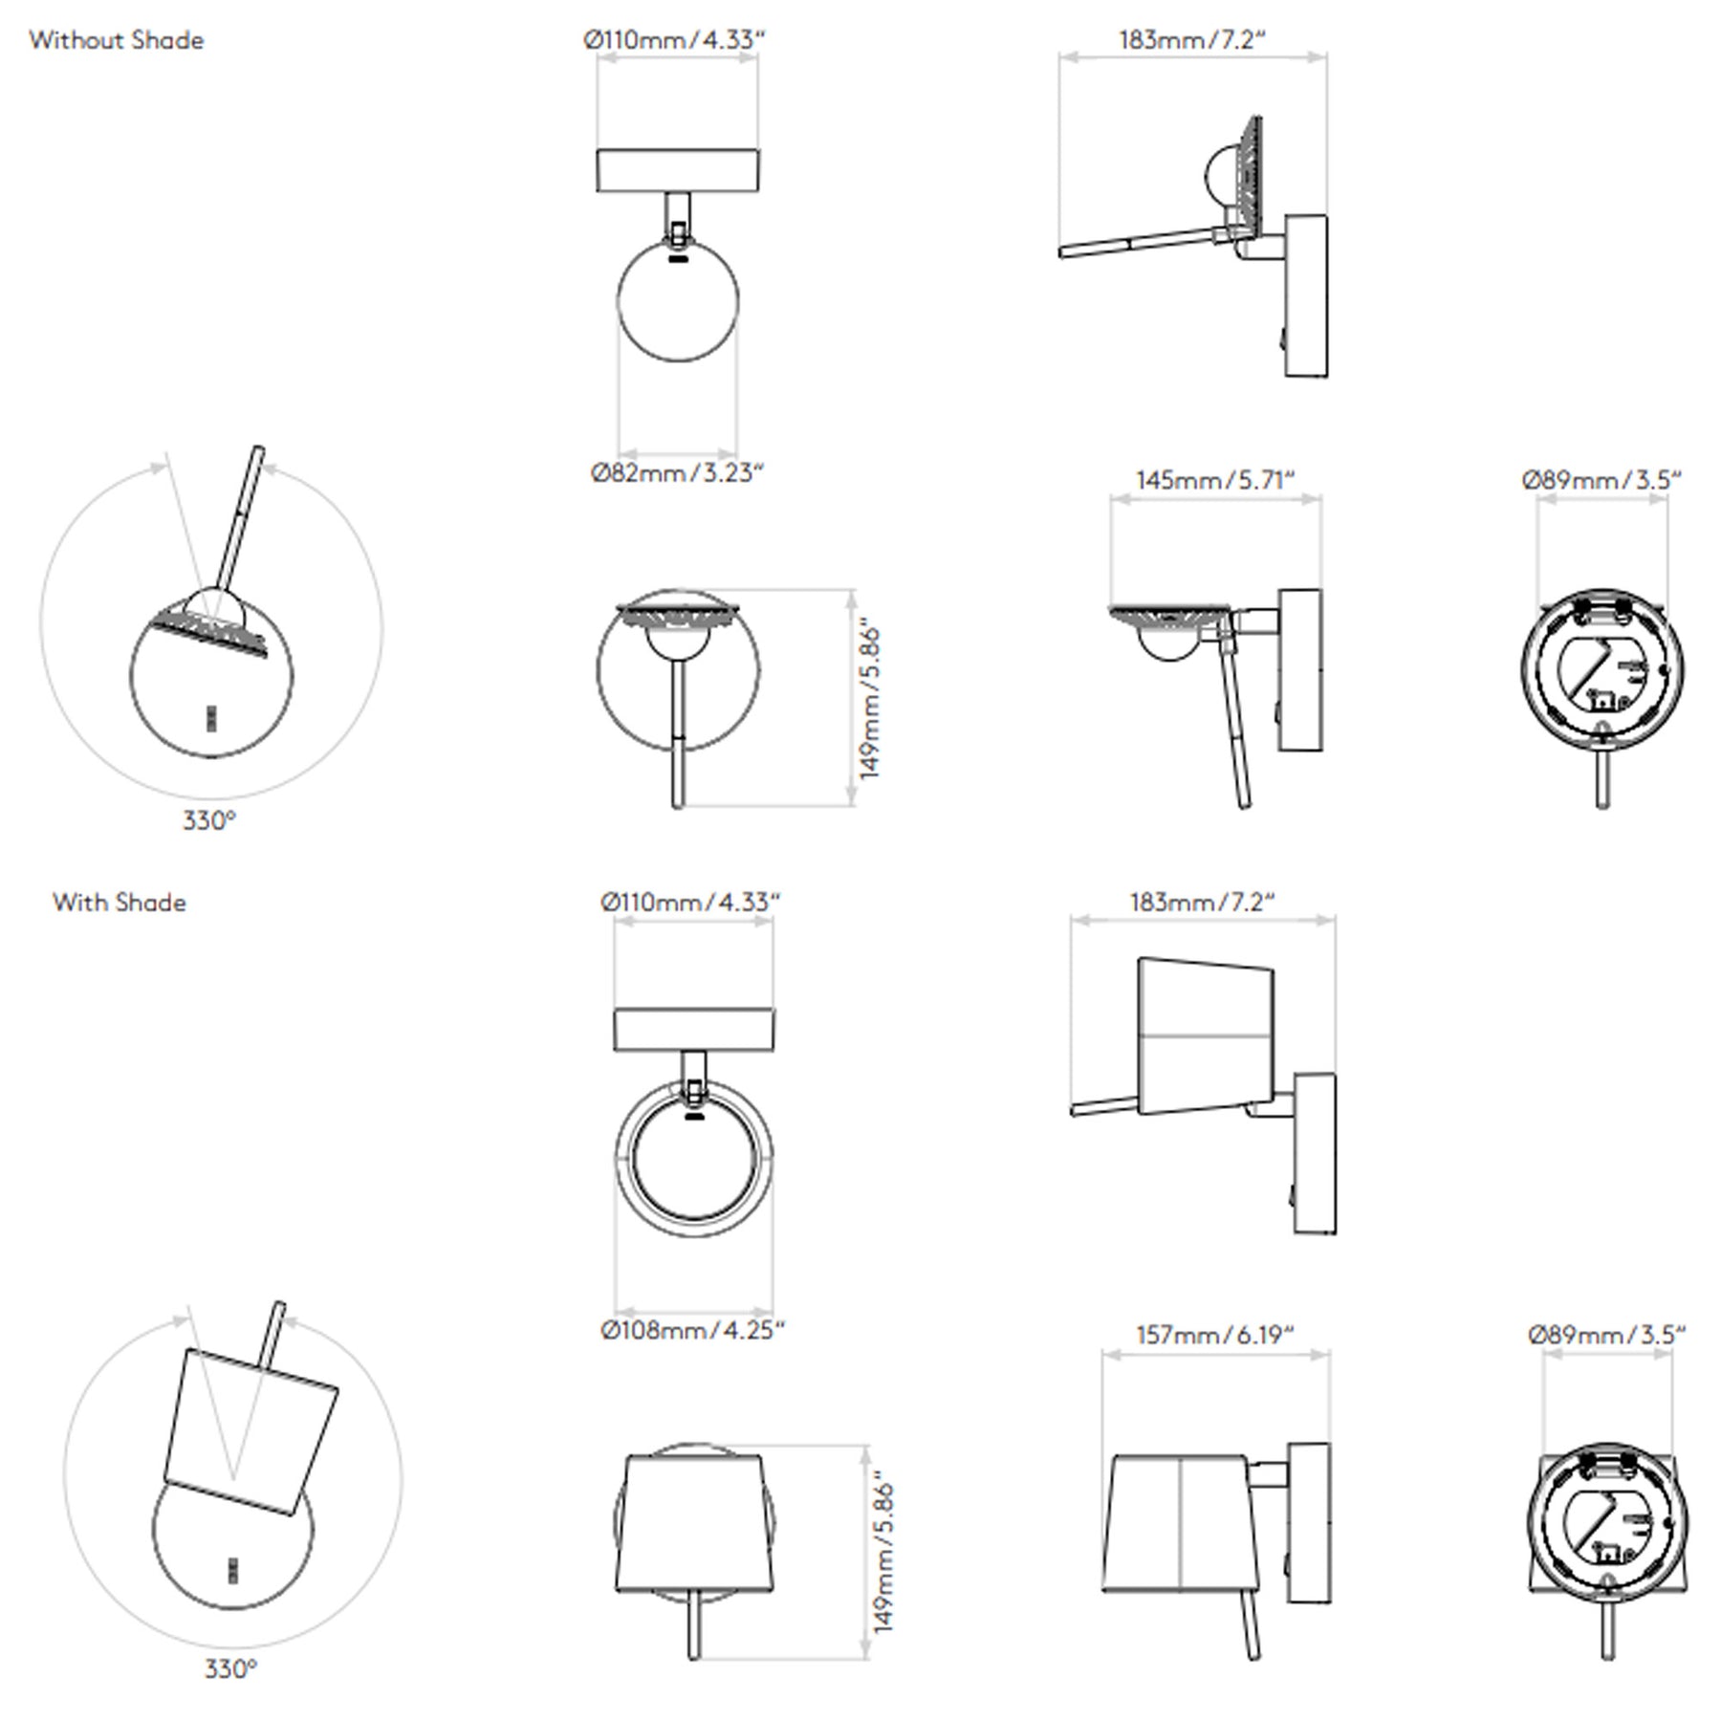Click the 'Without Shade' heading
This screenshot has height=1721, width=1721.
click(x=116, y=40)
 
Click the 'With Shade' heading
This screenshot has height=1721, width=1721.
click(x=120, y=903)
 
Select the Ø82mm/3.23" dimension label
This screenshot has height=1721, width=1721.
click(x=678, y=473)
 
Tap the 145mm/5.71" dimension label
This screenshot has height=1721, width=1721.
click(x=1215, y=480)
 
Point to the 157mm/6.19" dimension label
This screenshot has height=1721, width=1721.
click(x=1215, y=1335)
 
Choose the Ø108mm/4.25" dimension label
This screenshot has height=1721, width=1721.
click(x=693, y=1331)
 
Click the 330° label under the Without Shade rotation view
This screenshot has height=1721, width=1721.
click(x=208, y=820)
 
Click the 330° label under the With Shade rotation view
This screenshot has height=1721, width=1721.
click(x=230, y=1668)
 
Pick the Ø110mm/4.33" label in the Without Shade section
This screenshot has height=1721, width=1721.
click(x=675, y=40)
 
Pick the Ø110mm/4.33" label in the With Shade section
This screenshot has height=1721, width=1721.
click(x=690, y=903)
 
